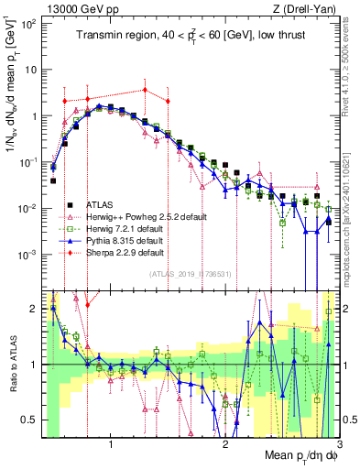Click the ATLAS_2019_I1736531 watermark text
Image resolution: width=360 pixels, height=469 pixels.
(x=191, y=273)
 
